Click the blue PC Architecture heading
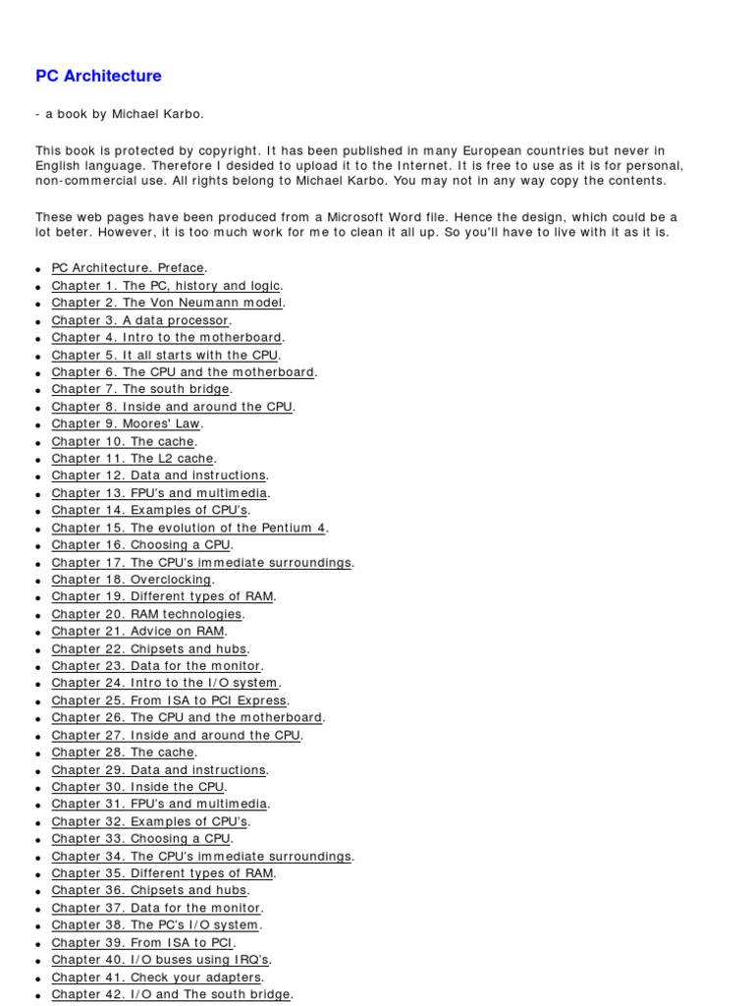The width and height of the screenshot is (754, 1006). [98, 76]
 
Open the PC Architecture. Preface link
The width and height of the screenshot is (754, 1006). [128, 268]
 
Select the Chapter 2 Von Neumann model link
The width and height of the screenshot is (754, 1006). [167, 303]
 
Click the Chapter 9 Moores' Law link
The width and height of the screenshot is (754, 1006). [126, 423]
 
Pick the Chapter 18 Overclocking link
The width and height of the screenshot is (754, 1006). [132, 580]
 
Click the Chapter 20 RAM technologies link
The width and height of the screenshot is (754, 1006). [146, 614]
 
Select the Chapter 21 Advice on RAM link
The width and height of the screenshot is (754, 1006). [138, 632]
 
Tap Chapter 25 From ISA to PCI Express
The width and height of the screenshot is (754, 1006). [169, 700]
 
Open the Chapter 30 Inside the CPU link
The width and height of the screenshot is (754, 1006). [138, 787]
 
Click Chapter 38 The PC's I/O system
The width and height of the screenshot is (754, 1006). [155, 925]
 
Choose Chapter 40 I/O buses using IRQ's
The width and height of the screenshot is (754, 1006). [160, 960]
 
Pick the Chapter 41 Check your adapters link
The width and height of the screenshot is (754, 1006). [156, 978]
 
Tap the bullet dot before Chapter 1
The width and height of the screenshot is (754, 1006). [37, 287]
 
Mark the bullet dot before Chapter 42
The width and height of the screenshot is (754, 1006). [37, 996]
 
